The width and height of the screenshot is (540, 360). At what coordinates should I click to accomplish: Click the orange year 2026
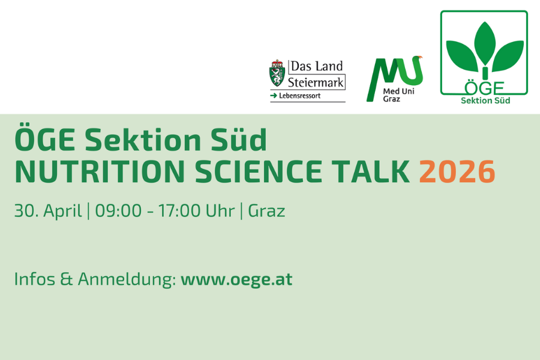pyautogui.click(x=457, y=172)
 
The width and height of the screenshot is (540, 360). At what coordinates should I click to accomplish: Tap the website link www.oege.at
pyautogui.click(x=236, y=280)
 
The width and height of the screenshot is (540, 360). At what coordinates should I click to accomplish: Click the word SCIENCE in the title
pyautogui.click(x=258, y=172)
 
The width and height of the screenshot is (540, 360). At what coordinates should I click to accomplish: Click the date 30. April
pyautogui.click(x=48, y=211)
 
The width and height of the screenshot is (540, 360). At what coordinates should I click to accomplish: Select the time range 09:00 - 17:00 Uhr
pyautogui.click(x=164, y=211)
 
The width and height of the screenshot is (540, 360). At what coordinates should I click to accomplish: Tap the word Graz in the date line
pyautogui.click(x=266, y=211)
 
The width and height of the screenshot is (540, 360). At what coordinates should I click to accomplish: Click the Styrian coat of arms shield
pyautogui.click(x=277, y=73)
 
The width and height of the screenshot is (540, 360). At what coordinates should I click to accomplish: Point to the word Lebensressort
pyautogui.click(x=299, y=96)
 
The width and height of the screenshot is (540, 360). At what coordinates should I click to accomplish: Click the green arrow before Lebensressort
pyautogui.click(x=274, y=96)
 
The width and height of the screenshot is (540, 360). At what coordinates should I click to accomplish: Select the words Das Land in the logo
pyautogui.click(x=317, y=66)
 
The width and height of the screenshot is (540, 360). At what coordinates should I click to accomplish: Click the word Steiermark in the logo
pyautogui.click(x=316, y=83)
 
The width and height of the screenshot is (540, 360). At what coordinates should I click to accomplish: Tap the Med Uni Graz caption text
pyautogui.click(x=398, y=95)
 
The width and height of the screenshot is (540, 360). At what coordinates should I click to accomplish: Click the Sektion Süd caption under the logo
pyautogui.click(x=485, y=101)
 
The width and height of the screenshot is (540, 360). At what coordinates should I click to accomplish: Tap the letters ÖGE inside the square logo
pyautogui.click(x=484, y=88)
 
